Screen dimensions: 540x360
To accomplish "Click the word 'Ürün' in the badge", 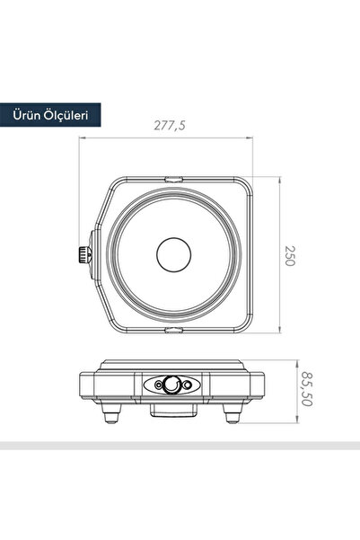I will coord(29,115).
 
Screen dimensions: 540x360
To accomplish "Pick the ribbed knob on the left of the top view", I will coord(83,255).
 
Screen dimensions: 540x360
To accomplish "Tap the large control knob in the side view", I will coord(171,385).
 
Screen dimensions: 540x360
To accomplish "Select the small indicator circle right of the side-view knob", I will coord(188,385).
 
